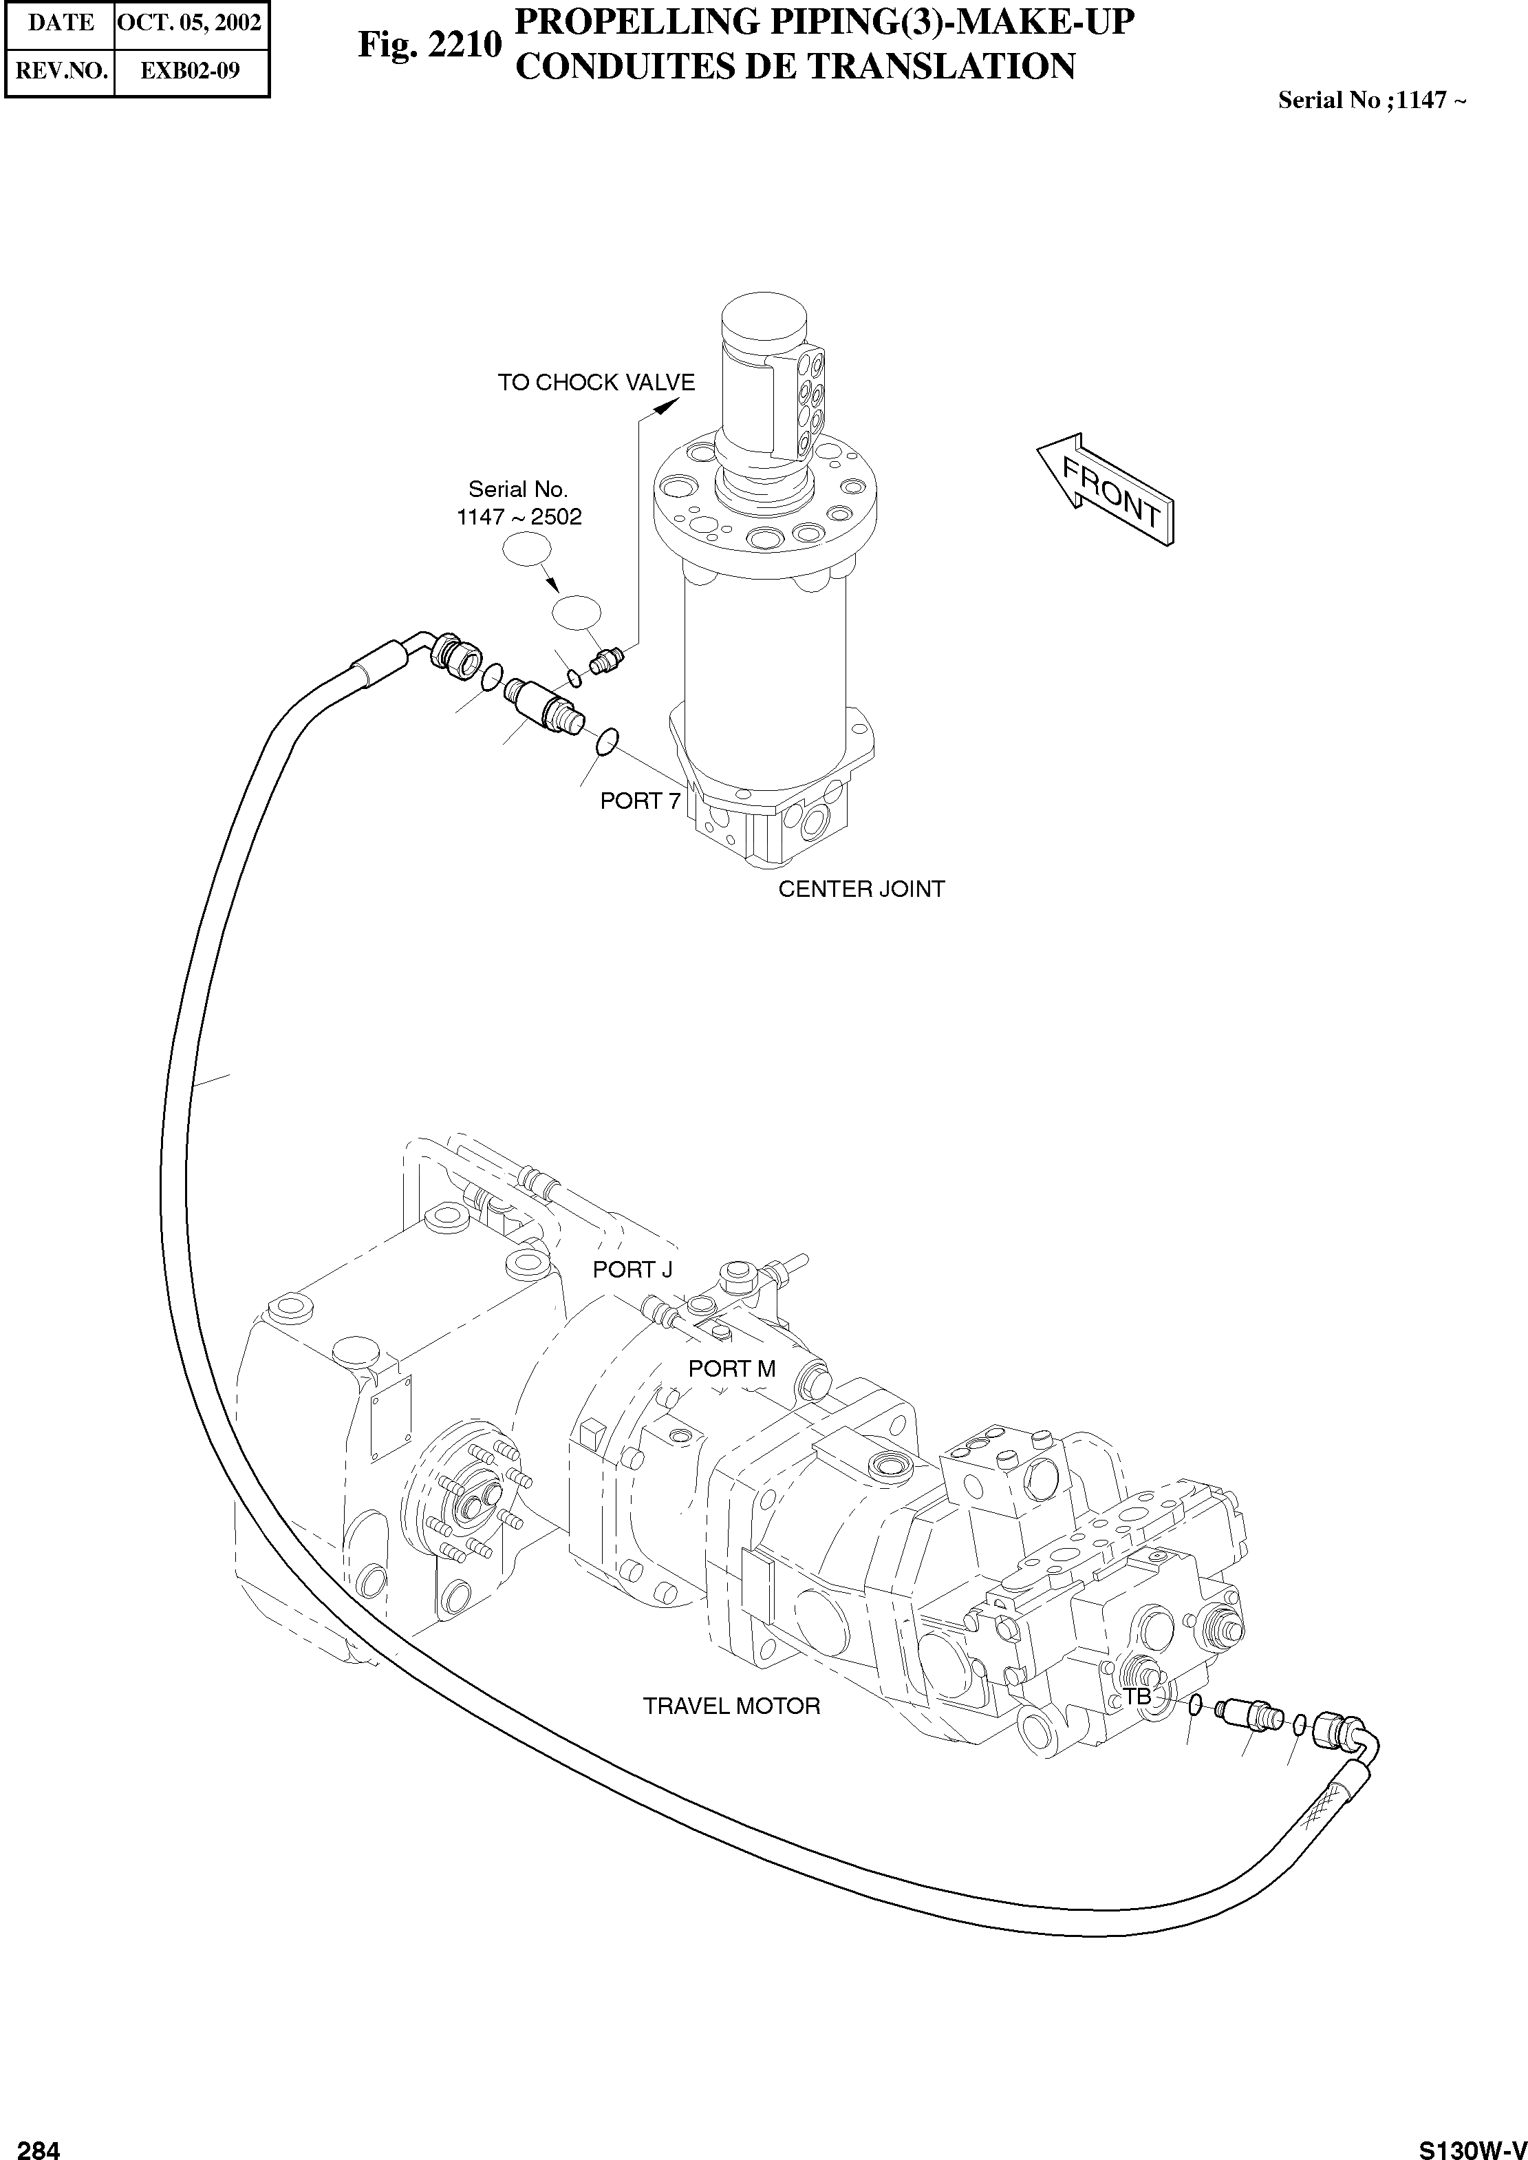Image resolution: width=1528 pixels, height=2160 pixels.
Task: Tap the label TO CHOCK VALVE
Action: click(596, 383)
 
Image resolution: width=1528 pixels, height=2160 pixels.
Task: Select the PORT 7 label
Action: click(640, 801)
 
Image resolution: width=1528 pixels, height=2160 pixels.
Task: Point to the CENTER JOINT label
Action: click(861, 889)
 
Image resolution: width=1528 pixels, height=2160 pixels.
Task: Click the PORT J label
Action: click(632, 1270)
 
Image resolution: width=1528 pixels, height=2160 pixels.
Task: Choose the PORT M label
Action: click(732, 1368)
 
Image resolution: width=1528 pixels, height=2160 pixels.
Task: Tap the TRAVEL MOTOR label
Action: click(731, 1706)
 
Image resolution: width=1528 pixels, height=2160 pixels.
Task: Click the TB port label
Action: click(1137, 1696)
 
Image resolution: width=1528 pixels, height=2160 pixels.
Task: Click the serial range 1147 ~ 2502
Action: click(519, 517)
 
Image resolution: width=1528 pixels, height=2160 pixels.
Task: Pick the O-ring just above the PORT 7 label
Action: click(607, 741)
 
